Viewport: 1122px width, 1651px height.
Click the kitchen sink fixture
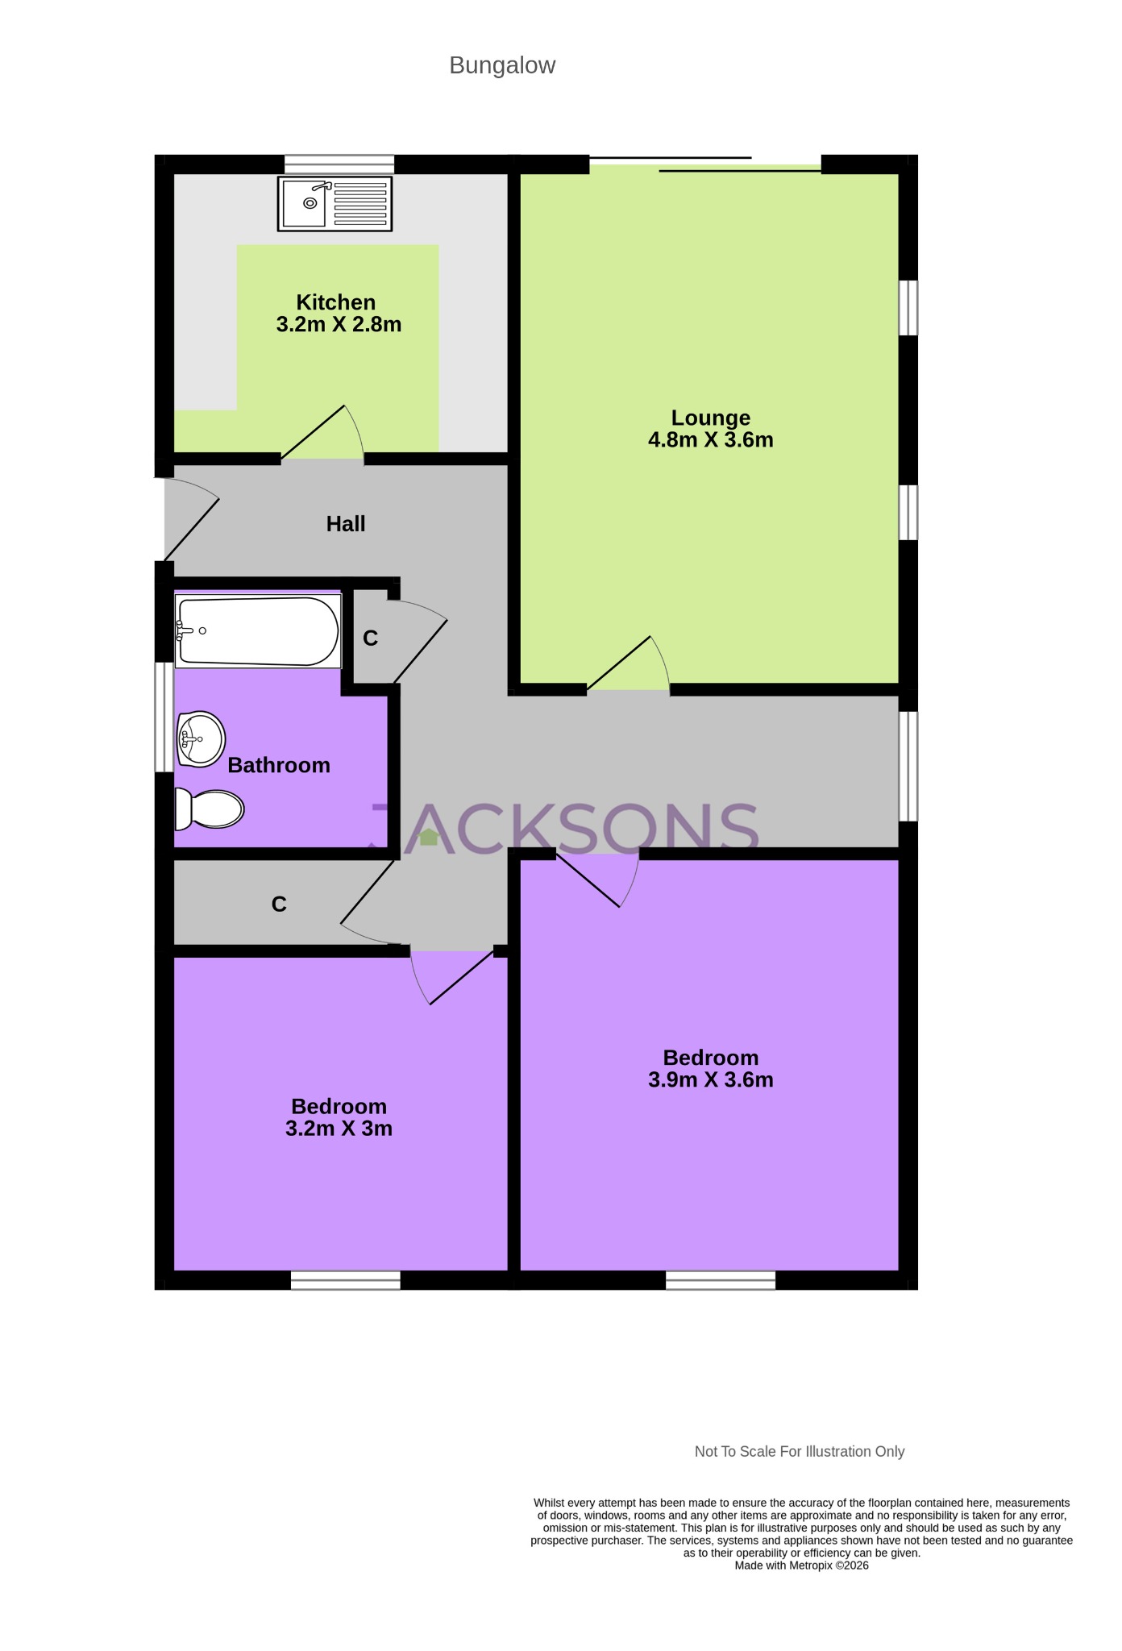click(x=335, y=203)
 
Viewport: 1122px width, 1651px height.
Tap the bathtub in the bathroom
click(x=258, y=631)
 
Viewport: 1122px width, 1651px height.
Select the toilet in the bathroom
click(x=210, y=809)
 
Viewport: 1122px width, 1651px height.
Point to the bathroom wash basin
click(x=200, y=738)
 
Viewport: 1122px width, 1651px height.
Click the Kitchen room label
click(x=336, y=302)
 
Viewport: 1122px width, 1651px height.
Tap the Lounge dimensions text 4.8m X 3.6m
click(x=710, y=440)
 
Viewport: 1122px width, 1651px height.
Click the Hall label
click(x=346, y=524)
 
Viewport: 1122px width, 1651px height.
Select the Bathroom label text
click(x=279, y=765)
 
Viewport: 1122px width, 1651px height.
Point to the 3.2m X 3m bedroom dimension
click(x=339, y=1129)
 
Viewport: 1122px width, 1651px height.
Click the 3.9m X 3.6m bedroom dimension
click(x=710, y=1080)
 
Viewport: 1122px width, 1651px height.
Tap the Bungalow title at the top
click(x=502, y=65)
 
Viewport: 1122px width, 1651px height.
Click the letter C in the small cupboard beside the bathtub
click(x=370, y=638)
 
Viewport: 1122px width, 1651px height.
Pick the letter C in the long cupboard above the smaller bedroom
click(x=279, y=905)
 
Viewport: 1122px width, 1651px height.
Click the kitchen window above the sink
click(x=339, y=164)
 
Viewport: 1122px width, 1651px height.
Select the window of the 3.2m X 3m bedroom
click(x=345, y=1280)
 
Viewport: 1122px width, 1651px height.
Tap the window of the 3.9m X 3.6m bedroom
click(x=720, y=1280)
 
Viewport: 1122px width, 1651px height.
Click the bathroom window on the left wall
click(x=164, y=717)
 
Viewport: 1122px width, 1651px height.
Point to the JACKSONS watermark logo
click(x=564, y=828)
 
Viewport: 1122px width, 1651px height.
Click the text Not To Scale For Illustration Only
click(x=799, y=1452)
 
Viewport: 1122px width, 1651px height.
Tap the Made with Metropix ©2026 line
click(x=801, y=1566)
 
